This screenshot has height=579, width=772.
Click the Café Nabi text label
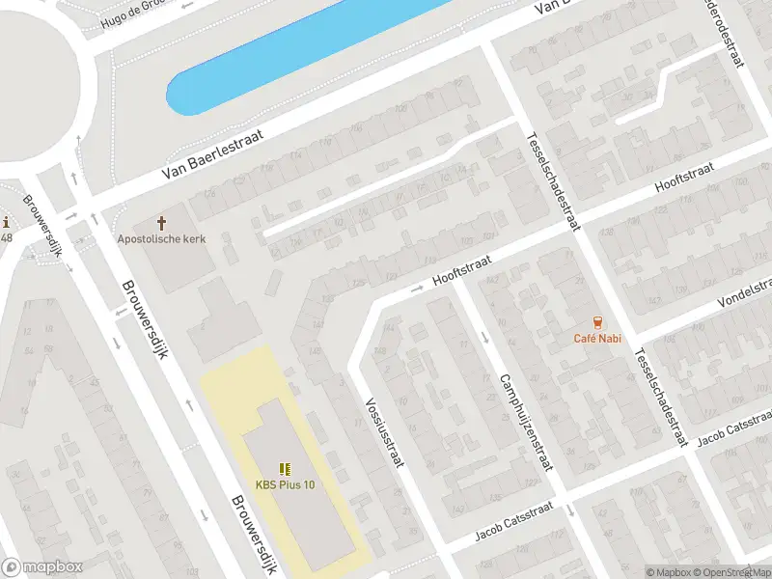click(597, 337)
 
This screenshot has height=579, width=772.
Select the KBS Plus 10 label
click(285, 484)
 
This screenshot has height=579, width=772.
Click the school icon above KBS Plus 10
click(285, 469)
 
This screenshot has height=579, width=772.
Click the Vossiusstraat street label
click(382, 434)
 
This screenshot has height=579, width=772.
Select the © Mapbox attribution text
click(670, 572)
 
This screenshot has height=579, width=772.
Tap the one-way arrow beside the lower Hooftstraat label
click(419, 288)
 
